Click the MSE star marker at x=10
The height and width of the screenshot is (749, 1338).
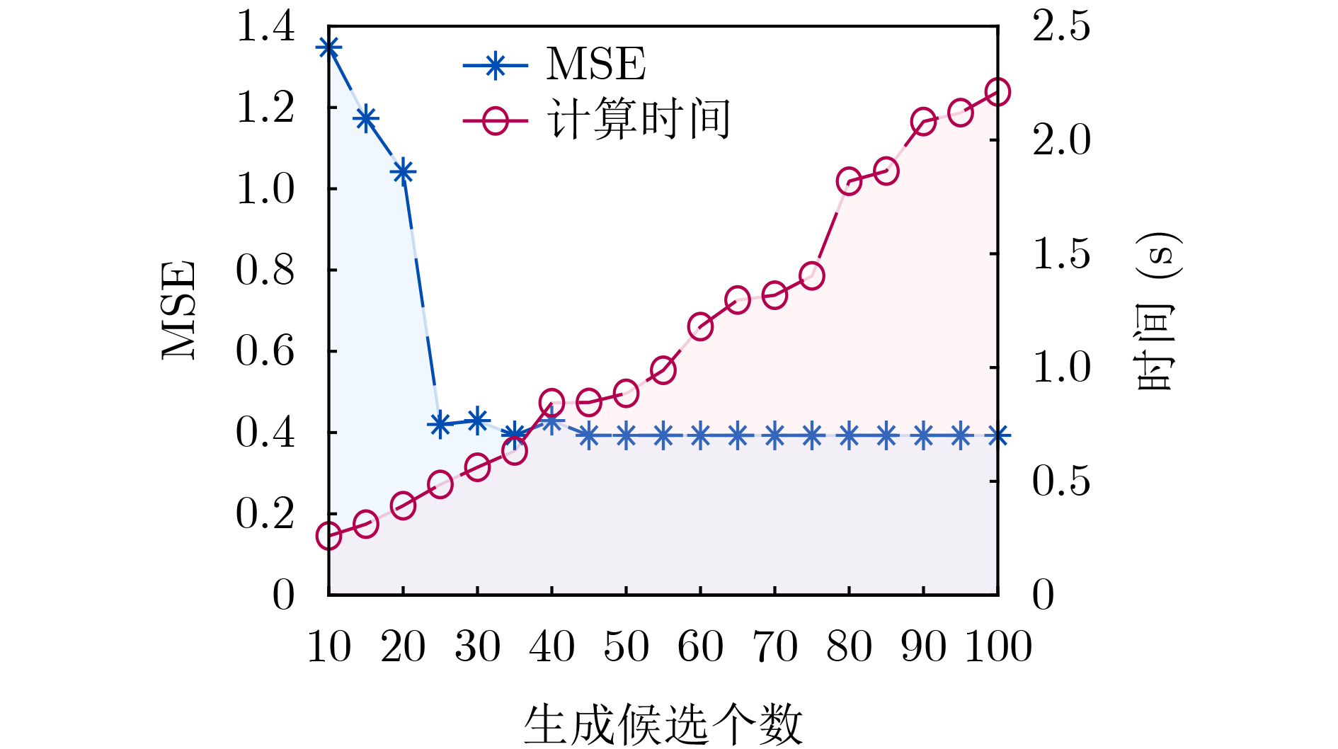coord(329,48)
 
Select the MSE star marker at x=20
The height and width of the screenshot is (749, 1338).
coord(403,171)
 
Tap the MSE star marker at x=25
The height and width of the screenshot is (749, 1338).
coord(440,425)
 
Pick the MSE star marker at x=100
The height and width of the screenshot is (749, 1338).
coord(997,435)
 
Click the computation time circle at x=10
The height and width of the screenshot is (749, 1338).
coord(329,536)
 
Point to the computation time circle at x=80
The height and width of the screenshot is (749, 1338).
coord(849,181)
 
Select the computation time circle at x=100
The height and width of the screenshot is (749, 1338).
coord(997,92)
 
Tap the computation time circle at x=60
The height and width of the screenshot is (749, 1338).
coord(700,327)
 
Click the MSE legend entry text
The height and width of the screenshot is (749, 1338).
coord(596,64)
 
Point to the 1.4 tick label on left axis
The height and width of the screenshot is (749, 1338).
coord(265,27)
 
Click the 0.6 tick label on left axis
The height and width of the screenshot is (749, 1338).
coord(265,351)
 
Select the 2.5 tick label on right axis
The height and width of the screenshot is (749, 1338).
coord(1061,27)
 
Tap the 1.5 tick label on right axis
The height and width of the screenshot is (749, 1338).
coord(1061,254)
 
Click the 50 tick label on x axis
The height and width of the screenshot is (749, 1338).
coord(626,646)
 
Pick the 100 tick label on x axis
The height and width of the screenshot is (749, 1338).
coord(998,646)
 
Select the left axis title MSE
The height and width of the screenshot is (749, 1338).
coord(178,310)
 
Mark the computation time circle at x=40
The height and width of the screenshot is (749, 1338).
coord(551,403)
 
